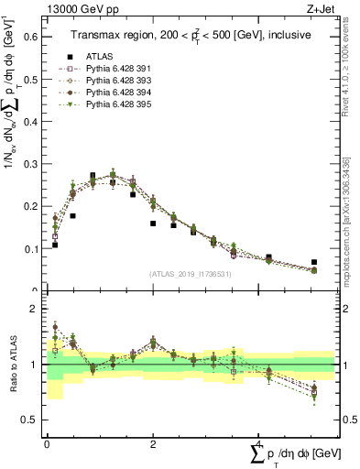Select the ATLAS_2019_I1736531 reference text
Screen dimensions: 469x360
coord(191,274)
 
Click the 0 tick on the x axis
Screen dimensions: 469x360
coord(47,443)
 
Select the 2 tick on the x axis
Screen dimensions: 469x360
coord(152,443)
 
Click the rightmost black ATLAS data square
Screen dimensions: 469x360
coord(314,262)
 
